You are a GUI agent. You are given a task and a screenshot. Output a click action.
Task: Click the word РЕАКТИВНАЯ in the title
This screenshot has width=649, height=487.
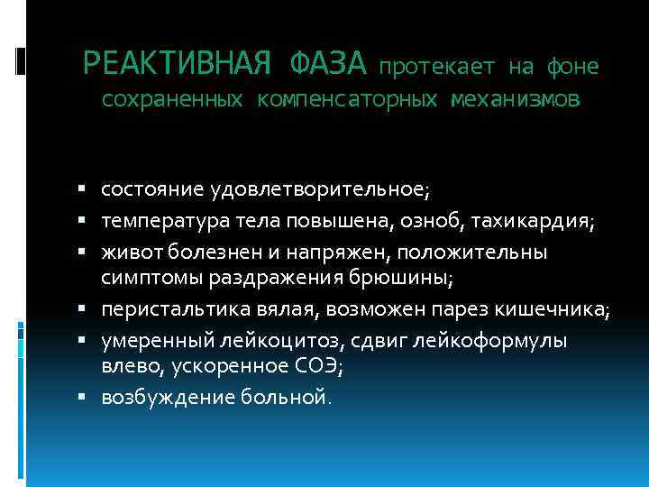click(x=177, y=63)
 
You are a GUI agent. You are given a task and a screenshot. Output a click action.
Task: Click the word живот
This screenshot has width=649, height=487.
click(x=129, y=253)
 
